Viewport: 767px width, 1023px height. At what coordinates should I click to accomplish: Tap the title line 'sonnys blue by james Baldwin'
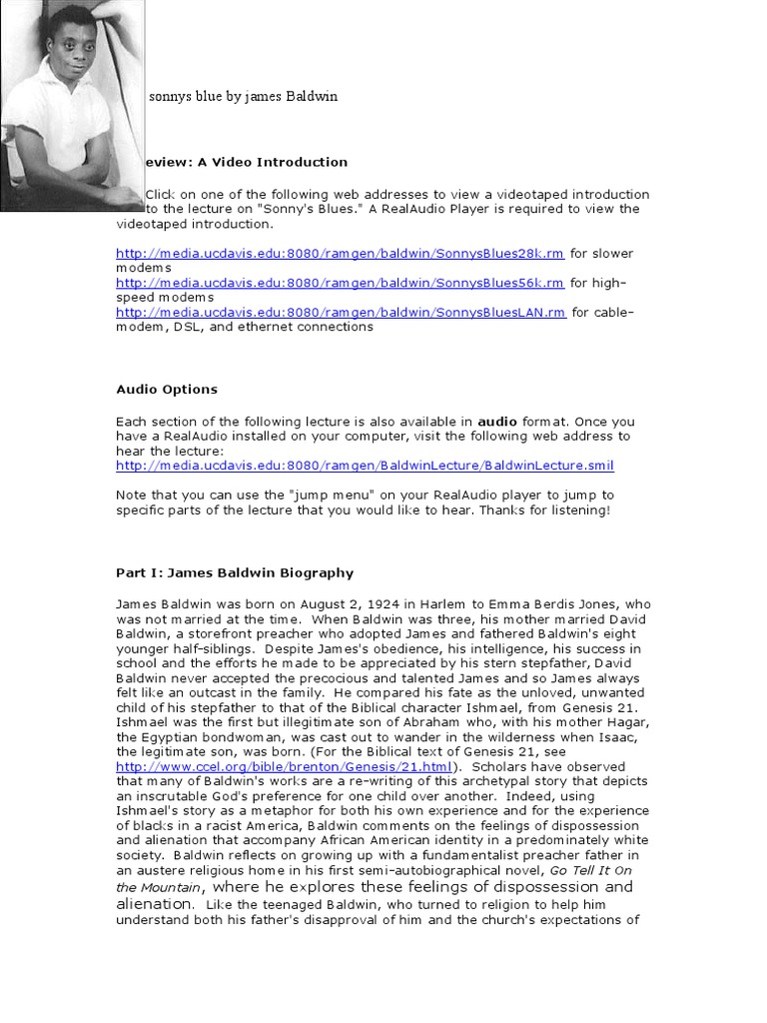pyautogui.click(x=243, y=97)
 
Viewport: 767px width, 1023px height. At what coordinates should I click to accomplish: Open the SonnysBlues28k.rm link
pyautogui.click(x=341, y=254)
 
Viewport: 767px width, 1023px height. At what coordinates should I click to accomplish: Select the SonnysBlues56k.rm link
pyautogui.click(x=341, y=283)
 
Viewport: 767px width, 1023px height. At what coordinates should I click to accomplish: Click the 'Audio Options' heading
pyautogui.click(x=167, y=390)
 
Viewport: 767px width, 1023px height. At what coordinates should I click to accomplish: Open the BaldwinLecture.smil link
pyautogui.click(x=365, y=466)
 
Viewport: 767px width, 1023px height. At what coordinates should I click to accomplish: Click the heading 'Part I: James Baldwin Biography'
pyautogui.click(x=235, y=573)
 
